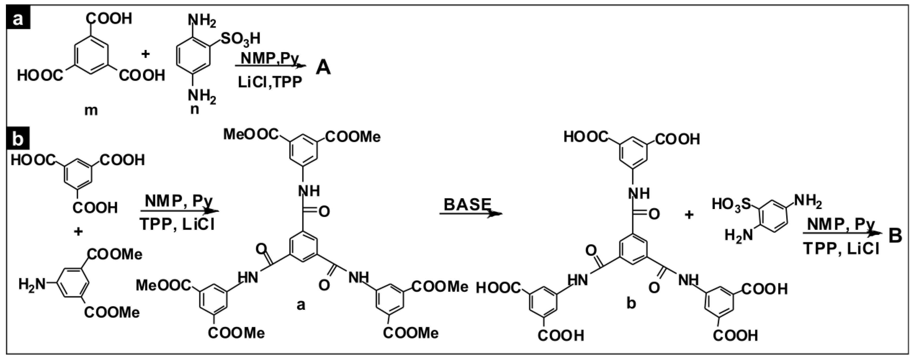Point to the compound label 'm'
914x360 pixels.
pyautogui.click(x=91, y=111)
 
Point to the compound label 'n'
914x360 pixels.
pyautogui.click(x=194, y=109)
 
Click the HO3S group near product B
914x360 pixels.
pyautogui.click(x=732, y=205)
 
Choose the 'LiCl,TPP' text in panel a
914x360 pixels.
pyautogui.click(x=270, y=82)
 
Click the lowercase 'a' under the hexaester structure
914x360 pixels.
pyautogui.click(x=301, y=304)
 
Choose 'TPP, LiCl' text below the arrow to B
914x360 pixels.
pyautogui.click(x=841, y=249)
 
